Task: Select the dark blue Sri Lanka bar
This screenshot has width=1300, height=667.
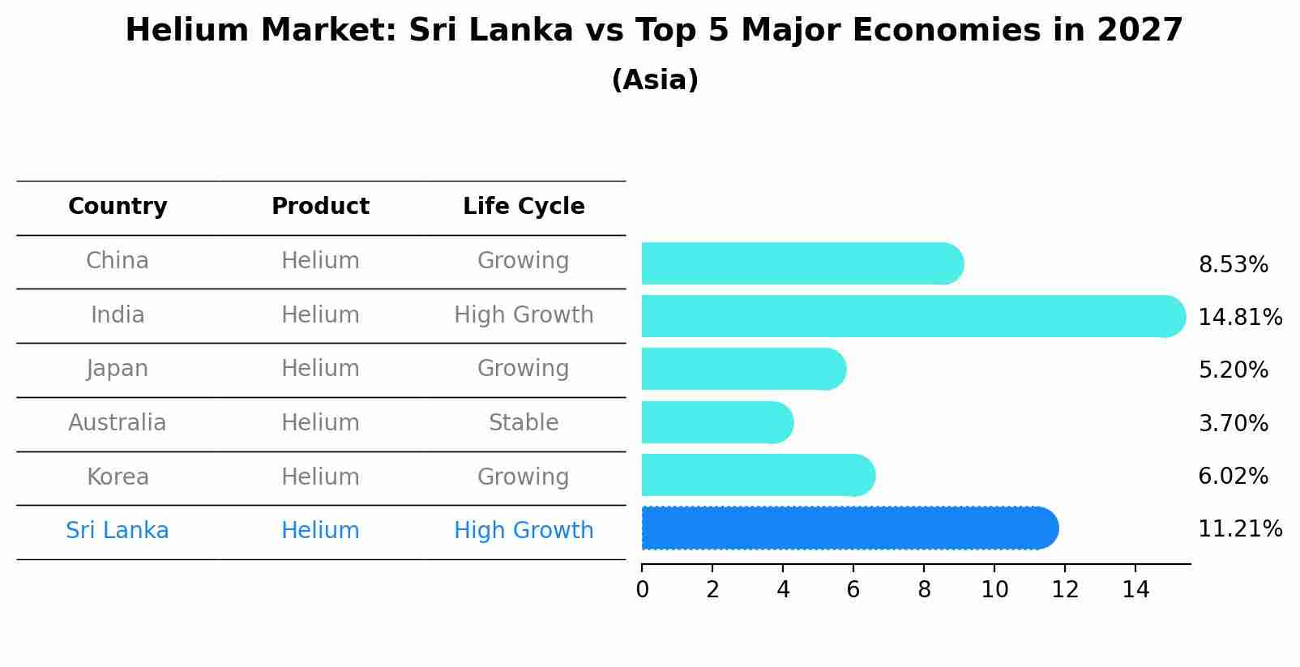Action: [x=849, y=528]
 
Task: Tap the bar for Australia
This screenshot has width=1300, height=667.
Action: [x=716, y=422]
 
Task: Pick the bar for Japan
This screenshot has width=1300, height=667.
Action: [x=742, y=369]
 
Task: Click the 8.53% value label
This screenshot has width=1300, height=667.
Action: [x=1233, y=265]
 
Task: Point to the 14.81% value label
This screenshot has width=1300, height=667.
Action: [x=1239, y=318]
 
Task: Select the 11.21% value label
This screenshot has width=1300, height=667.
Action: [x=1239, y=529]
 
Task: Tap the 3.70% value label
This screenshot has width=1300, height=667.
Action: [x=1233, y=423]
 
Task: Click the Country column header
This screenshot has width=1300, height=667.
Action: [x=118, y=207]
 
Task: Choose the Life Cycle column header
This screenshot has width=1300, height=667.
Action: [x=524, y=207]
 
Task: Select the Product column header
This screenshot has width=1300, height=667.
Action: [x=320, y=207]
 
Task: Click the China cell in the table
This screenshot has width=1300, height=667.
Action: [x=118, y=261]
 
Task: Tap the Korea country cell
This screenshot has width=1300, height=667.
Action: [x=118, y=477]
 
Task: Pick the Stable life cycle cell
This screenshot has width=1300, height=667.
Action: [x=524, y=423]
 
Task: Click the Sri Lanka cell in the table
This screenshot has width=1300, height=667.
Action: [x=118, y=531]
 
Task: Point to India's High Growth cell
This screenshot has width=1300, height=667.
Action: [x=524, y=315]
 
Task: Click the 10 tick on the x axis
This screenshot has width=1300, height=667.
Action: [x=994, y=590]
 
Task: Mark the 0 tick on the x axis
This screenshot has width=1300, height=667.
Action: [x=643, y=590]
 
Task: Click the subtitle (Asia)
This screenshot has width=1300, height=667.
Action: [x=655, y=80]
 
